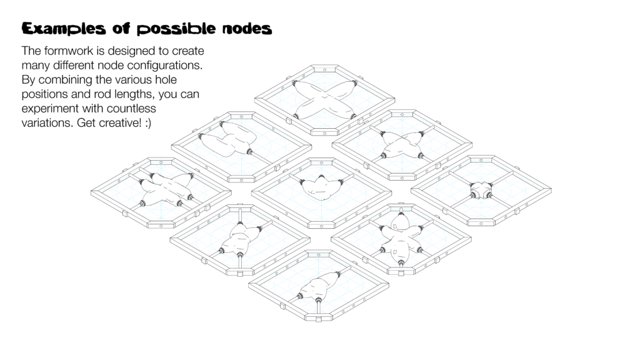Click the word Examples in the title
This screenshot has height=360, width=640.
pos(64,29)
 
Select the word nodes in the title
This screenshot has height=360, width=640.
pos(247,29)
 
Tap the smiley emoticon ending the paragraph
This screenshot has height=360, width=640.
pos(148,123)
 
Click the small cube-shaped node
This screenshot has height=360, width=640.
pos(481,189)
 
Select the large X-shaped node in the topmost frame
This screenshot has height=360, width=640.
pos(324,98)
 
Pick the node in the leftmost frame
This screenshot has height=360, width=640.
pos(165,189)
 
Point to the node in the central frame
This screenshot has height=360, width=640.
pos(322,188)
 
